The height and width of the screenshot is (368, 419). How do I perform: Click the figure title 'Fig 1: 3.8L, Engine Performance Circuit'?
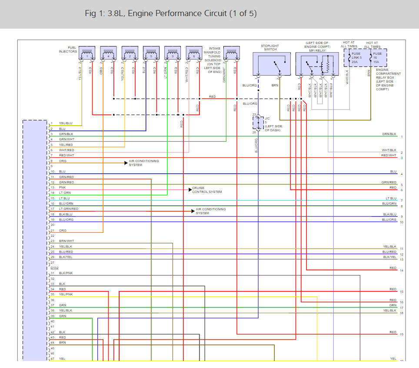pos(171,13)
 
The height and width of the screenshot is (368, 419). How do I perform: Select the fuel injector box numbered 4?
pos(108,53)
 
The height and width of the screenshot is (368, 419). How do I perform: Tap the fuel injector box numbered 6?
pos(193,53)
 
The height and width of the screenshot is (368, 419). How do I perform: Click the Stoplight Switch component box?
pos(272,64)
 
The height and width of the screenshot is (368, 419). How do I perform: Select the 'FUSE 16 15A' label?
pos(377,58)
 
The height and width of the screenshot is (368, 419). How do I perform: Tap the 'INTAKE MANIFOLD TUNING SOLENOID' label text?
pos(215,60)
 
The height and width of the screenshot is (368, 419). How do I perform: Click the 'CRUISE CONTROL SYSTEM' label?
pos(207,190)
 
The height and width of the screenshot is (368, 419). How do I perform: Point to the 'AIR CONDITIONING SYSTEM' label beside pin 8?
pos(144,163)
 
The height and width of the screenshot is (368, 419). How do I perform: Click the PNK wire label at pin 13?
pos(62,188)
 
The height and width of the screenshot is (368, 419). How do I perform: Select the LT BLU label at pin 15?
pos(64,198)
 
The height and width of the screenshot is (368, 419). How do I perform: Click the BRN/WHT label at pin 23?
pos(67,241)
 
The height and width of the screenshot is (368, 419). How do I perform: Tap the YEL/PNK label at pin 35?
pos(66,295)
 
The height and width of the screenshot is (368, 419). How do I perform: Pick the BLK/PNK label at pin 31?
pos(66,273)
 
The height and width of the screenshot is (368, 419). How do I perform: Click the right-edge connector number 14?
pos(402,271)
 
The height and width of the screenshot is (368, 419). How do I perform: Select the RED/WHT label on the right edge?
pos(389,155)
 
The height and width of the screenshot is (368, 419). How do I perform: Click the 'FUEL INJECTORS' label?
pos(68,50)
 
